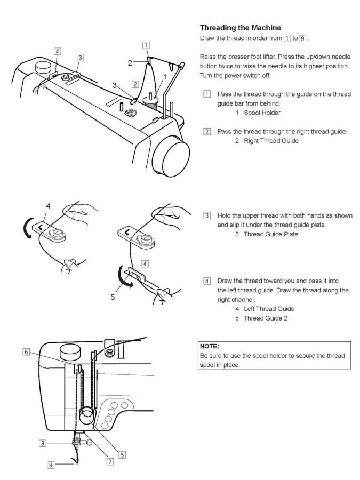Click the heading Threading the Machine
click(241, 28)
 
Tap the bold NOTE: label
click(210, 346)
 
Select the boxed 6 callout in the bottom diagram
click(26, 352)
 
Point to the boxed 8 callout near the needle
click(42, 443)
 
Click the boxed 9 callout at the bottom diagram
click(51, 465)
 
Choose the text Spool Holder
click(262, 113)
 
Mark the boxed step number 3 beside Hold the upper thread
click(206, 215)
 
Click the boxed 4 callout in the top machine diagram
click(57, 51)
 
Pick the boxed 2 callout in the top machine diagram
click(135, 84)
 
